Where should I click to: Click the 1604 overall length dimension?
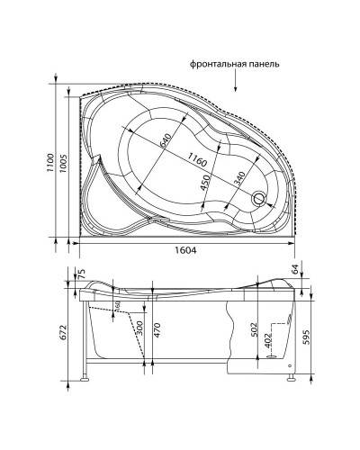[184, 250]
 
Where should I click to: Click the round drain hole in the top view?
[262, 198]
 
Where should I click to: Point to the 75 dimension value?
[81, 274]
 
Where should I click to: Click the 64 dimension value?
[295, 270]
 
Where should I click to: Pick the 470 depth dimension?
[157, 332]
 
